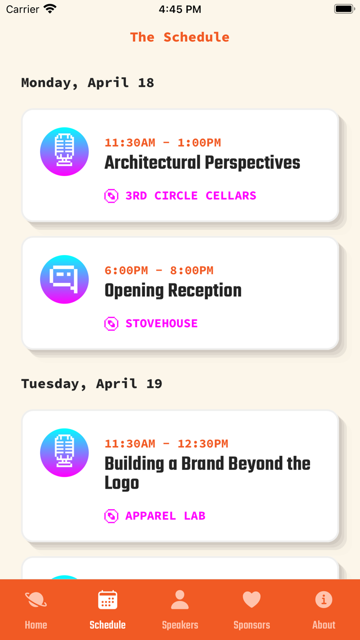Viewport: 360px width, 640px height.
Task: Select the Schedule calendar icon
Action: coord(107,599)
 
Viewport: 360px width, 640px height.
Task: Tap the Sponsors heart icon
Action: coord(251,599)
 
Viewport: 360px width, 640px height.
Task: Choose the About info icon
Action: coord(323,599)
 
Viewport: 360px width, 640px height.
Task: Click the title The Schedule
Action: coord(179,37)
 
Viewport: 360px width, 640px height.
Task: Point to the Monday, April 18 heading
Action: coord(88,83)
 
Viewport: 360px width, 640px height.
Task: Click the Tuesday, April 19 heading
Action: coord(92,384)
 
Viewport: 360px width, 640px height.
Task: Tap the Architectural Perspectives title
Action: coord(202,163)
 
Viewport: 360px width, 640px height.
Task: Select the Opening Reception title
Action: coord(173,290)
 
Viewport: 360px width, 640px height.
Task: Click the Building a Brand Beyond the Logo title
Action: coord(207,473)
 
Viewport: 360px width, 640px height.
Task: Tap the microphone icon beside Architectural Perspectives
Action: coord(64,151)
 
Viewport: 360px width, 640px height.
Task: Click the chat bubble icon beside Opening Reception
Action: coord(64,279)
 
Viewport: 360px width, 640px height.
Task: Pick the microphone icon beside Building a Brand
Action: coord(64,453)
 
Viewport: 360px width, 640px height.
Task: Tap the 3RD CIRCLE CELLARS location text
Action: coord(191,195)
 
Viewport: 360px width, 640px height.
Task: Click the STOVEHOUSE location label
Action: coord(161,324)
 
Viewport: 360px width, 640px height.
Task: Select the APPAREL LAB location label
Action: coord(166,515)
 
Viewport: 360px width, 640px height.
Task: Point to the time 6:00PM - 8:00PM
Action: coord(159,270)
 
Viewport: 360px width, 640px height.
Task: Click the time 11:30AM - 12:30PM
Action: coord(166,443)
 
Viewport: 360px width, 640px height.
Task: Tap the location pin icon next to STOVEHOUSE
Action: coord(111,324)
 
